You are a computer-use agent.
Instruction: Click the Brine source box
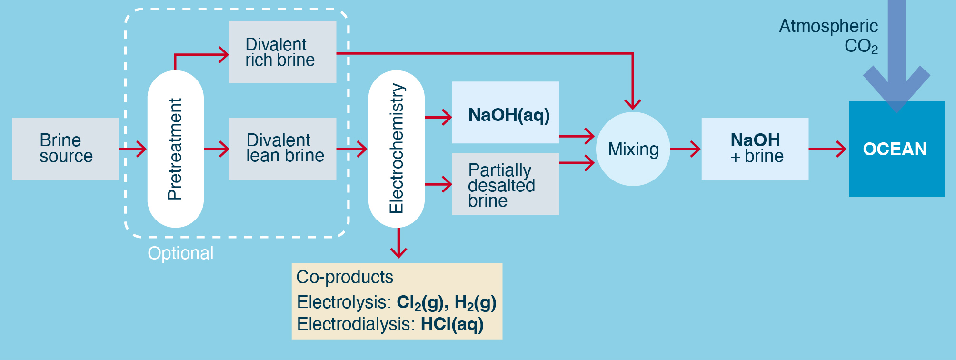tap(65, 149)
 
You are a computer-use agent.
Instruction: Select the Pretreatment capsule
tap(175, 149)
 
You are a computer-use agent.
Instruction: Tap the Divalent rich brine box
tap(283, 52)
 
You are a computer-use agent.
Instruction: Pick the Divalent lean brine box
tap(283, 149)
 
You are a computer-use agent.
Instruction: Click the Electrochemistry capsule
tap(396, 149)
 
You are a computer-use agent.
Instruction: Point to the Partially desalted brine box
tap(505, 184)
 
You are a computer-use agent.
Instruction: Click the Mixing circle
tap(633, 149)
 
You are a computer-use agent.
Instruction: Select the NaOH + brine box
tap(755, 149)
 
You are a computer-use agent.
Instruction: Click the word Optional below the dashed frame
tap(180, 253)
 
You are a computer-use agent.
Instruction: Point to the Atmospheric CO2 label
tap(828, 36)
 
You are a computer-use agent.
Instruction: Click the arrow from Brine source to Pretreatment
tap(133, 149)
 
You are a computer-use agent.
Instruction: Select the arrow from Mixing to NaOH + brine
tap(686, 149)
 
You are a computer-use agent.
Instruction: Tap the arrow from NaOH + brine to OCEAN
tap(828, 149)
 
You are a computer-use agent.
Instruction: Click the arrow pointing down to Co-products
tap(398, 243)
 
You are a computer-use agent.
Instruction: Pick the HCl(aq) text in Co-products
tap(452, 324)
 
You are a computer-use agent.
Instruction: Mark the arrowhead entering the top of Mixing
tap(633, 104)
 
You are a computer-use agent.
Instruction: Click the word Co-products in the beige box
tap(345, 277)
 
